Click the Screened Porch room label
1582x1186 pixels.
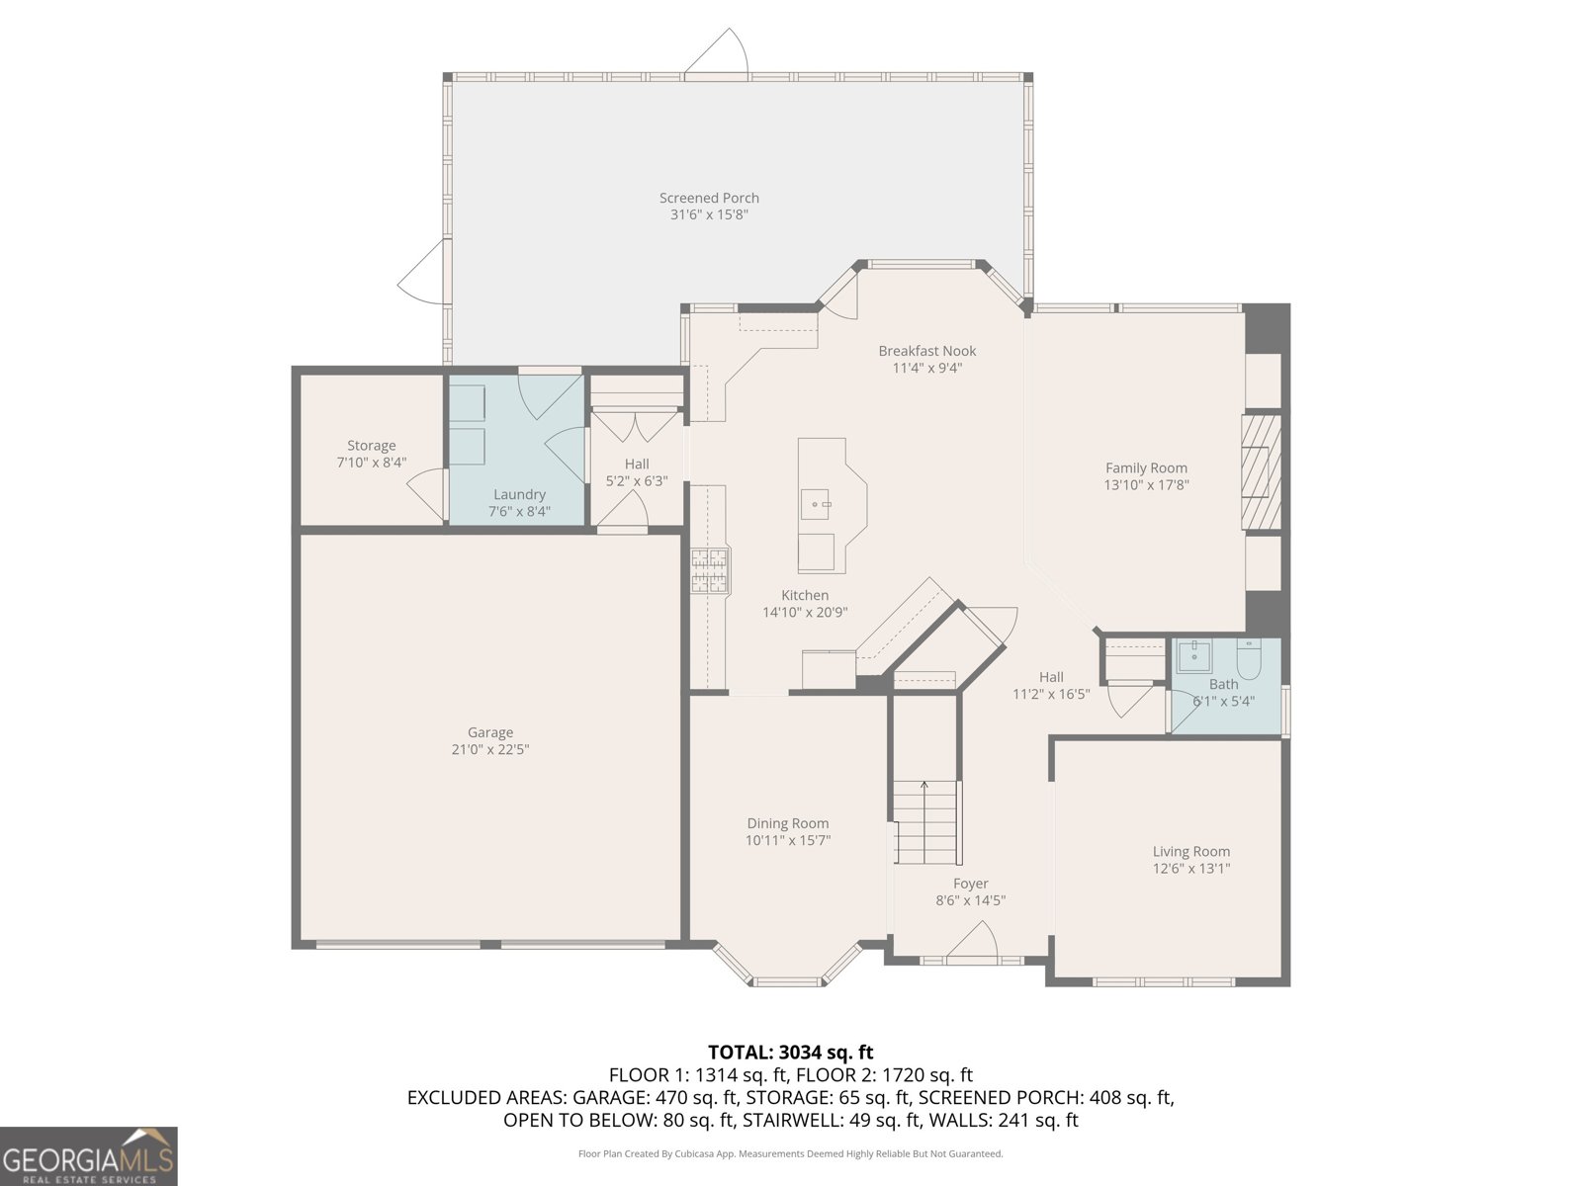(709, 198)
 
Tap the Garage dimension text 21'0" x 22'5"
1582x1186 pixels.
(489, 749)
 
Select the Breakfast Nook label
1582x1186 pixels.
(926, 351)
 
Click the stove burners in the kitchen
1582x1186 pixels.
(710, 570)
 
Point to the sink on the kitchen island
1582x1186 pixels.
(820, 505)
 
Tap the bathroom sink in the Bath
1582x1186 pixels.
(1194, 654)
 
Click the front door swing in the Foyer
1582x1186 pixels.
(973, 941)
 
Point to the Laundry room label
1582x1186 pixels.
(519, 494)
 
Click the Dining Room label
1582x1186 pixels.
(787, 823)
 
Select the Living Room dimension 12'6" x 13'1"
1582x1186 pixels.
(1190, 869)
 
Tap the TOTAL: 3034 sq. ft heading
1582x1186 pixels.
(790, 1052)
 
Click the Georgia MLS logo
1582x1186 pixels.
(88, 1156)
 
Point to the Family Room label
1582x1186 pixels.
(1146, 467)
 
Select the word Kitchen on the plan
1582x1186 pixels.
(805, 595)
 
